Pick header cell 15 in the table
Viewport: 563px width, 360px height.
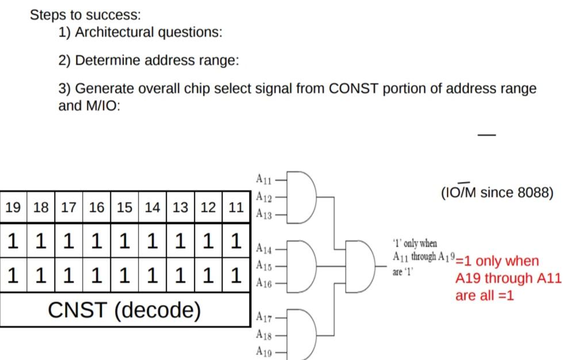[124, 208]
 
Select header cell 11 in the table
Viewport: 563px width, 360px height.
[236, 208]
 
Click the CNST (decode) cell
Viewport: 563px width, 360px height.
[125, 310]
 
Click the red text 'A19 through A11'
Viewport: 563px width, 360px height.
[508, 278]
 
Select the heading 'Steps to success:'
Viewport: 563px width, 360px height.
[85, 14]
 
